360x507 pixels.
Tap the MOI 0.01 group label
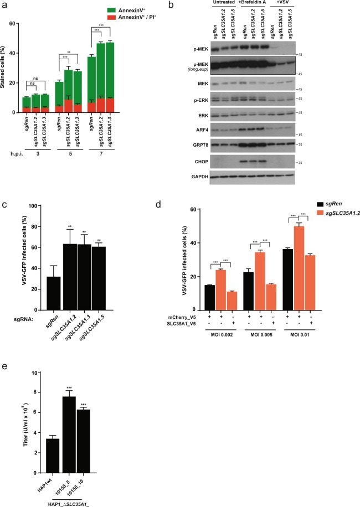click(327, 334)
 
